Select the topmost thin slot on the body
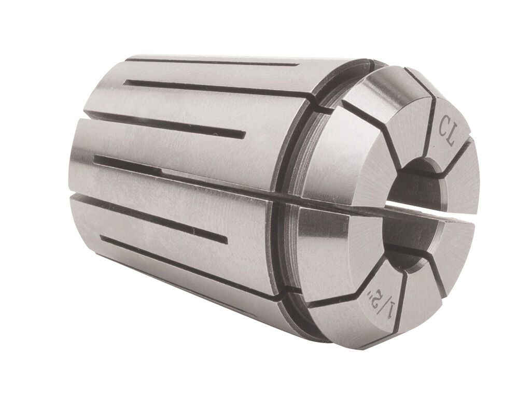pyautogui.click(x=213, y=62)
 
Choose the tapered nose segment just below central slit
pyautogui.click(x=332, y=244)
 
